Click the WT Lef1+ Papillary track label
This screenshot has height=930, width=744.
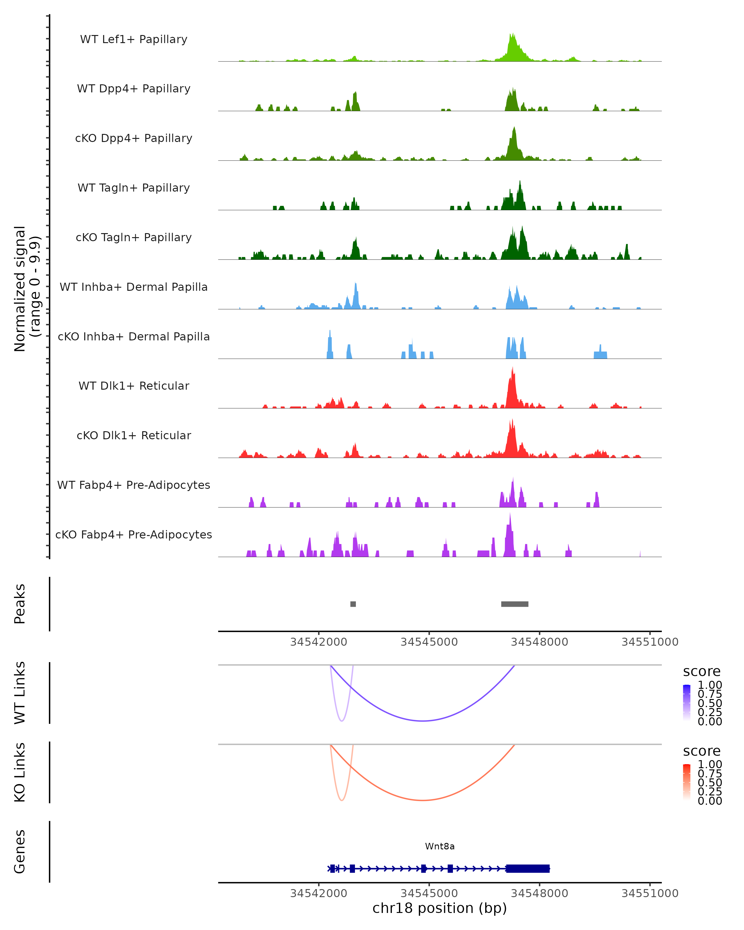coord(134,39)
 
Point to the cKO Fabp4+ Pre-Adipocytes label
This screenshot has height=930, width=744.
coord(134,534)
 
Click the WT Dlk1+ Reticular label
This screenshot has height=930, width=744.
coord(134,386)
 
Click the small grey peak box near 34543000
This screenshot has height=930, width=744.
coord(353,604)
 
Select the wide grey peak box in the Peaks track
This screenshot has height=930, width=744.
coord(515,604)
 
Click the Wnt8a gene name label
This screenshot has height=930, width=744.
coord(440,846)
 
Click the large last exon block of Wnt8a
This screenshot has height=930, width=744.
coord(528,868)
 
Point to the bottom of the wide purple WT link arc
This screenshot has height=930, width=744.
coord(423,720)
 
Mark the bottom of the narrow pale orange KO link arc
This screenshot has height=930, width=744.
coord(342,800)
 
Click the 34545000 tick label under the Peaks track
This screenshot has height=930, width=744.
coord(429,642)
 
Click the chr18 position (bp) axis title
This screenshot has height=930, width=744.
coord(440,908)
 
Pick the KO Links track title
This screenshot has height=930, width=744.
coord(20,772)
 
